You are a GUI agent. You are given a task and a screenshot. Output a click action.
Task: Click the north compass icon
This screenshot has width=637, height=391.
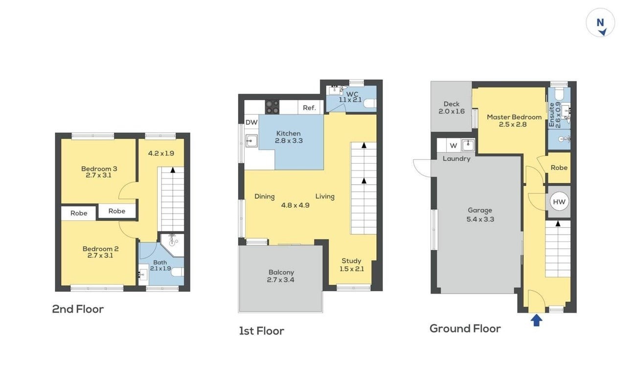(x=600, y=23)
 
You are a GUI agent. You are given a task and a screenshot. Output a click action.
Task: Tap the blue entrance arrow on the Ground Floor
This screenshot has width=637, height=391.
(x=536, y=320)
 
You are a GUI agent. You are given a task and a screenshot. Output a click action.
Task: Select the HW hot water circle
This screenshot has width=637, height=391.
(x=559, y=202)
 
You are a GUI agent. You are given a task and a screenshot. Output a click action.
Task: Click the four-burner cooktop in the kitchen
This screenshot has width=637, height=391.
(x=272, y=107)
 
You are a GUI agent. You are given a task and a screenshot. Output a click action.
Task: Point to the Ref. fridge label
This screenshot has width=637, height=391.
(x=309, y=108)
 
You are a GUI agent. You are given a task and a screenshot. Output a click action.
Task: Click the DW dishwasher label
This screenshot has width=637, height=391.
(x=251, y=123)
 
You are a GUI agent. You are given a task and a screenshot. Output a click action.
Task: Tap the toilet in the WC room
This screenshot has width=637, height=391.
(x=370, y=104)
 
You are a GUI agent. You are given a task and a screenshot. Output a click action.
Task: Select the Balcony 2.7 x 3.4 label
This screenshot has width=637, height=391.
(x=281, y=276)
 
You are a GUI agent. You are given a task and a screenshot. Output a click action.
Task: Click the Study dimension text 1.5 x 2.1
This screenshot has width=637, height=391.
(x=351, y=269)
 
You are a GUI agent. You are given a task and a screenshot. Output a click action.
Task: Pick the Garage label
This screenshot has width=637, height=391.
(x=480, y=211)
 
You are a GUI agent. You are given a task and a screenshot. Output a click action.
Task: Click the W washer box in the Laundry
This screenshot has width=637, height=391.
(x=454, y=146)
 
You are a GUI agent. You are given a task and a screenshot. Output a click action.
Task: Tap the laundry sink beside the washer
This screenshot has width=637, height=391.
(x=468, y=145)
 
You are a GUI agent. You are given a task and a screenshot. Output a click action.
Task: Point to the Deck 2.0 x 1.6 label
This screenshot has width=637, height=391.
(x=452, y=108)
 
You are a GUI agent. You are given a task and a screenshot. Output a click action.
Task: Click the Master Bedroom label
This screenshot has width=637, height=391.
(x=514, y=117)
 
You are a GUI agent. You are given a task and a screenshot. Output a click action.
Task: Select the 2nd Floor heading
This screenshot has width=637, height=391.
(x=78, y=309)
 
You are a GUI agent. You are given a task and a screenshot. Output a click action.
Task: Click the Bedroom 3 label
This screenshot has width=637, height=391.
(x=99, y=169)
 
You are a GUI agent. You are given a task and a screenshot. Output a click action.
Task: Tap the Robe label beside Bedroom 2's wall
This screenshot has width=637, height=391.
(x=79, y=213)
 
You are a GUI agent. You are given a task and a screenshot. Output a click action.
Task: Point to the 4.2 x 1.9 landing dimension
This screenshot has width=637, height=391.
(x=161, y=153)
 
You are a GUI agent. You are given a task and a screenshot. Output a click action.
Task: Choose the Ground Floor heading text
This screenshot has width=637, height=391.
(x=465, y=329)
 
